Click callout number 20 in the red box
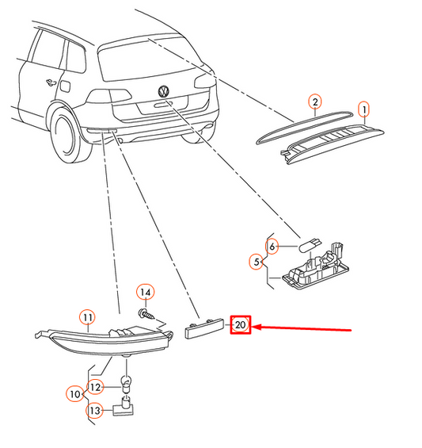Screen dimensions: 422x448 click(240, 324)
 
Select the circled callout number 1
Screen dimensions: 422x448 click(363, 109)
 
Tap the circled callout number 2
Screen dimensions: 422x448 click(315, 101)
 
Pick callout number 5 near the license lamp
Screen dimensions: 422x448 click(257, 262)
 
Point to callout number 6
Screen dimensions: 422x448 click(272, 246)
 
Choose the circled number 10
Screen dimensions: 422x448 click(75, 394)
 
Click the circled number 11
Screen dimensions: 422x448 click(88, 317)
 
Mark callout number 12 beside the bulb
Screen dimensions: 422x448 click(95, 387)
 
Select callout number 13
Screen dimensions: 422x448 click(95, 411)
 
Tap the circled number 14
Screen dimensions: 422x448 click(146, 293)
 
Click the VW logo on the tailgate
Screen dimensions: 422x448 click(163, 91)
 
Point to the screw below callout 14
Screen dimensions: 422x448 click(146, 314)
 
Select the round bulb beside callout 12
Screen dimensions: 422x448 click(126, 382)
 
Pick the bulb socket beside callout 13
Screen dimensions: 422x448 click(124, 406)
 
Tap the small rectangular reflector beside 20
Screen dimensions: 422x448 click(204, 328)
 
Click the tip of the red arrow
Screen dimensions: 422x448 click(251, 327)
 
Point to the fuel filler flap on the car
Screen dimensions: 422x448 click(65, 86)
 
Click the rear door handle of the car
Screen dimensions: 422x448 click(51, 82)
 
